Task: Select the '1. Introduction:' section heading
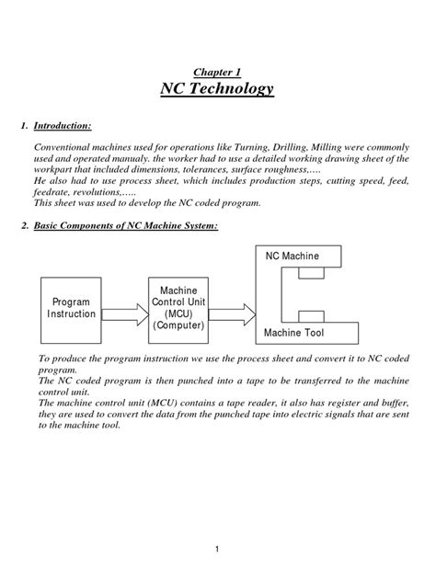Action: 63,124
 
